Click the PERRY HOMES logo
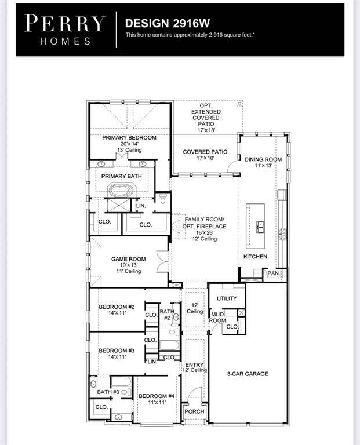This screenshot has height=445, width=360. click(64, 30)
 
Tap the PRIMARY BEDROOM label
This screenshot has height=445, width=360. click(129, 137)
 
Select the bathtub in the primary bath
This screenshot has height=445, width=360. click(122, 189)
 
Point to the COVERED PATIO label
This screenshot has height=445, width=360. click(205, 152)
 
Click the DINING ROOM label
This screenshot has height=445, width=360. click(263, 159)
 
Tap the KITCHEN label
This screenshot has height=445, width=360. click(255, 256)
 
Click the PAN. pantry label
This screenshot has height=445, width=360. click(273, 273)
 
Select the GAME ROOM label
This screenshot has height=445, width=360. click(129, 259)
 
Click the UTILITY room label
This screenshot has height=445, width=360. click(227, 298)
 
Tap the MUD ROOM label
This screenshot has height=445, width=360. click(217, 317)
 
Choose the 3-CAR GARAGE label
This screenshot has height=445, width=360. click(247, 374)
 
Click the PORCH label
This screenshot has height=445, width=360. click(194, 411)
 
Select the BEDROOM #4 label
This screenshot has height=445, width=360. click(156, 396)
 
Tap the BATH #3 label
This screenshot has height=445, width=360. click(108, 392)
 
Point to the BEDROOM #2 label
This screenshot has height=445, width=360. click(116, 307)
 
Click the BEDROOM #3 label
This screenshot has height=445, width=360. click(116, 351)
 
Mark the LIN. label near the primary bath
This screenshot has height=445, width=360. click(141, 206)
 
